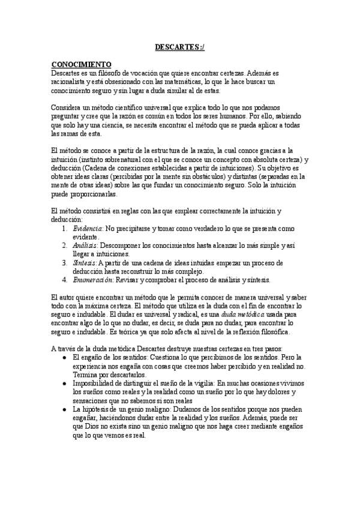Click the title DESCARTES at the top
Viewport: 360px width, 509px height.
pos(178,46)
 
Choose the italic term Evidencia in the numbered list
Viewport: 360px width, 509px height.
pos(88,229)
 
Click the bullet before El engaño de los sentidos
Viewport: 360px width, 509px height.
pos(65,358)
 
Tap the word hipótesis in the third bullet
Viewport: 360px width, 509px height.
pos(99,409)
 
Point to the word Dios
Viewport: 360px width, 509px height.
pos(91,427)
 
